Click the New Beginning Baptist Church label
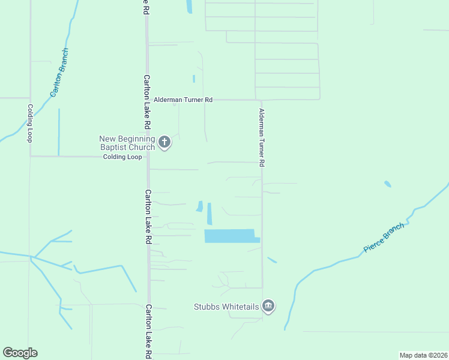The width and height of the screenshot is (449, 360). pyautogui.click(x=127, y=143)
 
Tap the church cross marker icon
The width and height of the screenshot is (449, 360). pyautogui.click(x=165, y=143)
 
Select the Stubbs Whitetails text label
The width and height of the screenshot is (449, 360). pyautogui.click(x=226, y=307)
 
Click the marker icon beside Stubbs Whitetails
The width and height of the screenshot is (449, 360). pyautogui.click(x=268, y=307)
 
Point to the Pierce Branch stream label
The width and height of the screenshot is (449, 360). pyautogui.click(x=384, y=238)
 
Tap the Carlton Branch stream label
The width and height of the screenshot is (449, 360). pyautogui.click(x=59, y=73)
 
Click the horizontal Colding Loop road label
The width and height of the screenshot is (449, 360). pyautogui.click(x=122, y=157)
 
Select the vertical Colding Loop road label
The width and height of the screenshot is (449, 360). pyautogui.click(x=29, y=123)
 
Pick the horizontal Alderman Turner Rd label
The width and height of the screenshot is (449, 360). pyautogui.click(x=183, y=100)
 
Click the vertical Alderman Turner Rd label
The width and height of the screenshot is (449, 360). pyautogui.click(x=262, y=137)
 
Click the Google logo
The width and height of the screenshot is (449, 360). pyautogui.click(x=20, y=353)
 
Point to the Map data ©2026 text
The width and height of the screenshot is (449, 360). pyautogui.click(x=423, y=355)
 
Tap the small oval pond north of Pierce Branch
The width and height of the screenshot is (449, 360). pyautogui.click(x=388, y=184)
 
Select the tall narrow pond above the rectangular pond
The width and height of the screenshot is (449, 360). pyautogui.click(x=209, y=213)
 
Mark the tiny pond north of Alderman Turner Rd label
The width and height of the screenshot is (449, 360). pyautogui.click(x=194, y=79)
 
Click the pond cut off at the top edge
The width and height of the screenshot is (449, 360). pyautogui.click(x=189, y=7)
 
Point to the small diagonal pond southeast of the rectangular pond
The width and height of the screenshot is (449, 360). pyautogui.click(x=272, y=260)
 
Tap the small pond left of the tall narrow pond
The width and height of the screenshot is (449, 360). pyautogui.click(x=199, y=206)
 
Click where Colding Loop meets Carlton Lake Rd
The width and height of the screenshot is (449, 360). pyautogui.click(x=148, y=157)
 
